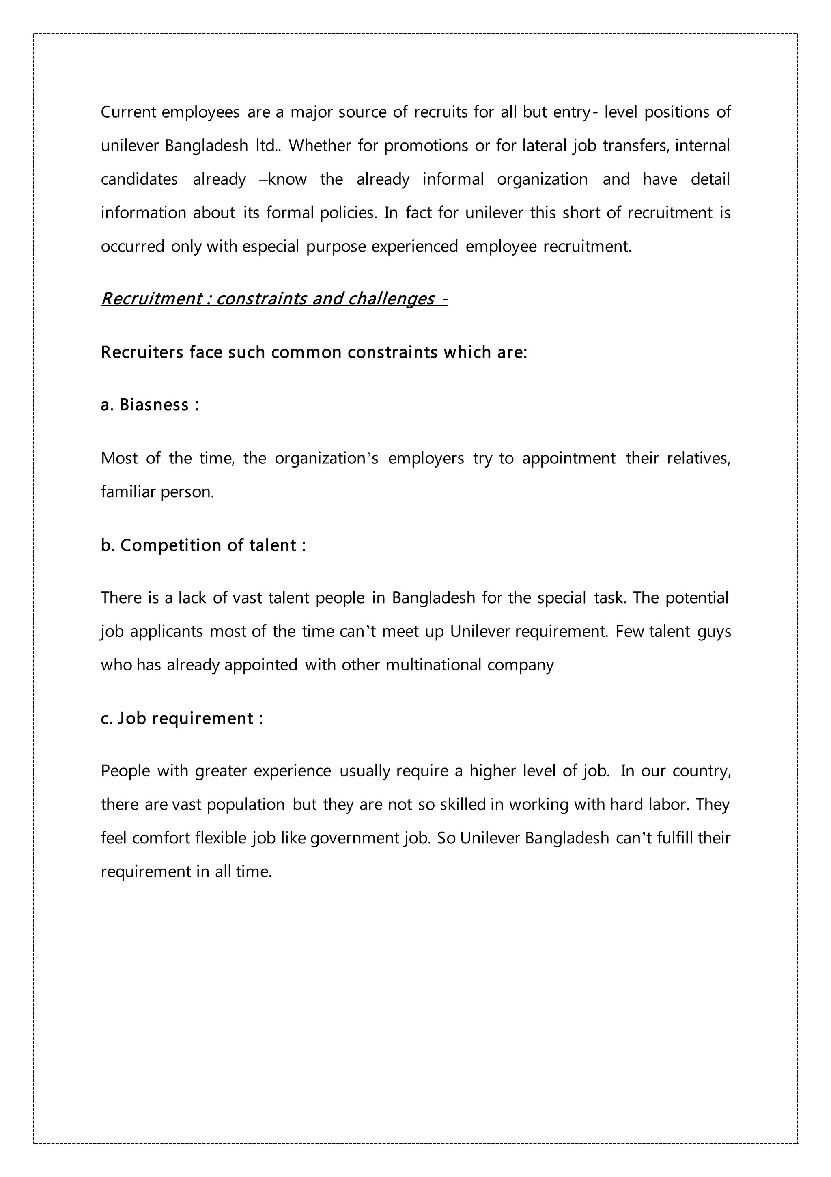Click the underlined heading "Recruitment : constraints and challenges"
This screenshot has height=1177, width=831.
pyautogui.click(x=274, y=298)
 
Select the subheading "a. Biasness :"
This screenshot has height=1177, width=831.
pyautogui.click(x=150, y=405)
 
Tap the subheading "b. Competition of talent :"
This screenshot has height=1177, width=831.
pyautogui.click(x=203, y=545)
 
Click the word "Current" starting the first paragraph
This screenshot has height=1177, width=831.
pyautogui.click(x=128, y=112)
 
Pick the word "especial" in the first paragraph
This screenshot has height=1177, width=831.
pyautogui.click(x=270, y=247)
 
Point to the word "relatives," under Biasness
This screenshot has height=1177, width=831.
pyautogui.click(x=698, y=458)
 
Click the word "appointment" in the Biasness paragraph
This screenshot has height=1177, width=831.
pyautogui.click(x=568, y=458)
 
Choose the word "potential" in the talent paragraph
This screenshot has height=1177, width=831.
pyautogui.click(x=697, y=598)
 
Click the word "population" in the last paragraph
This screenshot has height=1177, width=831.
pyautogui.click(x=245, y=804)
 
